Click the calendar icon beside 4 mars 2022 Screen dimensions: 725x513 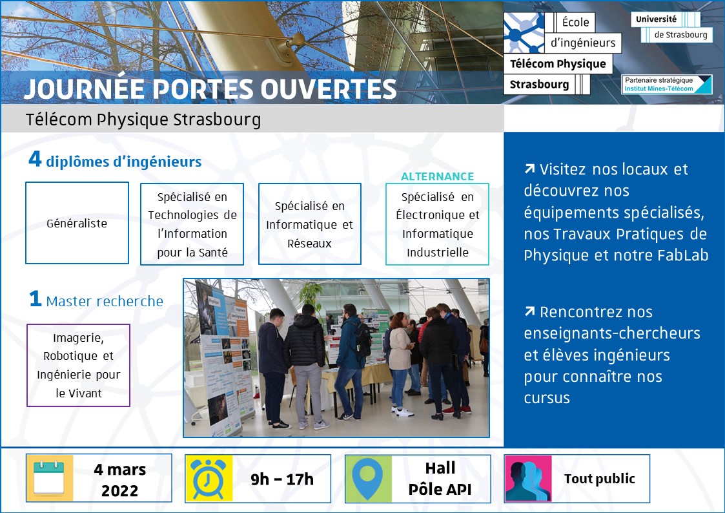pyautogui.click(x=50, y=478)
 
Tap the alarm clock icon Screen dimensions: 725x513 pyautogui.click(x=209, y=479)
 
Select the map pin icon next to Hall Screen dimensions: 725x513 pyautogui.click(x=369, y=479)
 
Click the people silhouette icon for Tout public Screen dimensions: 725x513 pyautogui.click(x=528, y=479)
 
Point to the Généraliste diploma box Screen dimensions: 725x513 pyautogui.click(x=77, y=223)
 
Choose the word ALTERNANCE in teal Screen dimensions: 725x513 pyautogui.click(x=438, y=176)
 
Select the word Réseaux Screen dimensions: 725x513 pyautogui.click(x=309, y=244)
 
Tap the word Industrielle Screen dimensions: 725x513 pyautogui.click(x=438, y=252)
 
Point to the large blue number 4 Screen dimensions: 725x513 pyautogui.click(x=35, y=159)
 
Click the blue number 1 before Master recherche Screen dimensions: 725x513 pyautogui.click(x=36, y=299)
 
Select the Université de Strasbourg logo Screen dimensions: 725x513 pyautogui.click(x=672, y=27)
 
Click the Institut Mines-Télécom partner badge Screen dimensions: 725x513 pyautogui.click(x=667, y=84)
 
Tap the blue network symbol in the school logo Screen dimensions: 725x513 pyautogui.click(x=524, y=32)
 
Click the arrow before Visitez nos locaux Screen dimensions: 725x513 pyautogui.click(x=530, y=169)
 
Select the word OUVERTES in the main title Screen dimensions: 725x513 pyautogui.click(x=329, y=89)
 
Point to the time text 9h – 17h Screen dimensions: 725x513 pyautogui.click(x=282, y=479)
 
